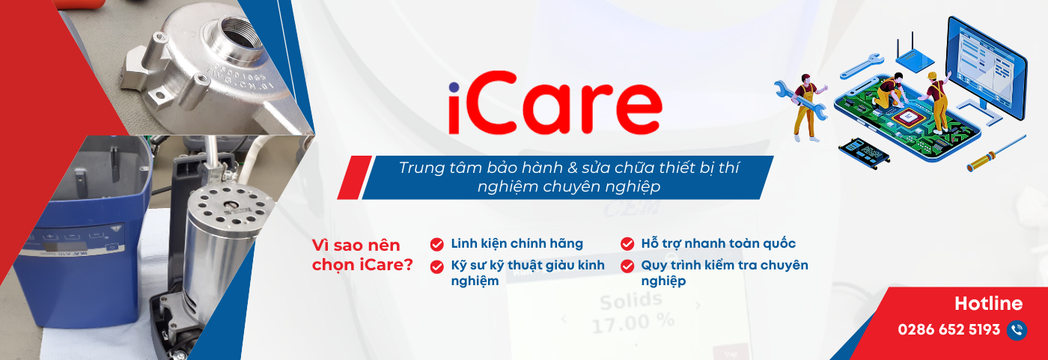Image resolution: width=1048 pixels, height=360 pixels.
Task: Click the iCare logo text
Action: (x=555, y=108)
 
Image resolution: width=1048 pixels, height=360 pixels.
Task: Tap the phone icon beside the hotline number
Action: (x=1017, y=330)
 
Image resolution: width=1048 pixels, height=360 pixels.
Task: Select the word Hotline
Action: (x=988, y=303)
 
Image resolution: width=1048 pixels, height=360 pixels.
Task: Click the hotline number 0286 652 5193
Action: (x=948, y=330)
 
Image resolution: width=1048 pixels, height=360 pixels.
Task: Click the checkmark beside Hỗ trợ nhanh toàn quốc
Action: (x=627, y=244)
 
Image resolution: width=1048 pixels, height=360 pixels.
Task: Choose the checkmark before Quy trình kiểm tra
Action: (x=627, y=266)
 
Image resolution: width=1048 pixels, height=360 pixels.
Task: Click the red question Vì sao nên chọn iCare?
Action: (x=362, y=255)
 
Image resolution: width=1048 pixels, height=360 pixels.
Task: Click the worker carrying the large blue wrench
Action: (x=802, y=105)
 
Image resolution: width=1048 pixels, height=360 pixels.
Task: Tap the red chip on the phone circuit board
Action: (x=909, y=117)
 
